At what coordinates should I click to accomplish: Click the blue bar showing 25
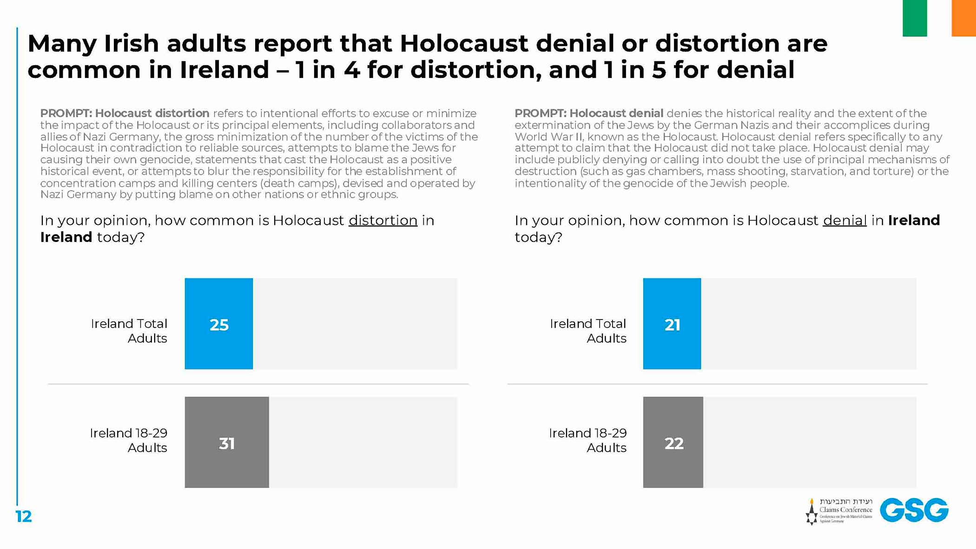point(218,324)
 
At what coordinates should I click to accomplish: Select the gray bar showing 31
point(226,442)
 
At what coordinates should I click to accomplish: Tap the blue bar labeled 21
point(672,324)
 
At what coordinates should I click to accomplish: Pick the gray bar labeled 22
point(673,442)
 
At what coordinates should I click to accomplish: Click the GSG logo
point(914,510)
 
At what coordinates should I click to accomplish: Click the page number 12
point(24,516)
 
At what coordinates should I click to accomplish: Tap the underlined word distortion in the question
point(383,220)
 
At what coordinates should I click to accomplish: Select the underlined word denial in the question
point(844,220)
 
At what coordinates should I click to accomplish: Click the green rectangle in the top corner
point(914,18)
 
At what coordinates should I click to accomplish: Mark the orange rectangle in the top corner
point(963,18)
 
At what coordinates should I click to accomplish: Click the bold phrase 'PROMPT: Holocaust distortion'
point(125,113)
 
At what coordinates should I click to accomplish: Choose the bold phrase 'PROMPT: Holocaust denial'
point(589,113)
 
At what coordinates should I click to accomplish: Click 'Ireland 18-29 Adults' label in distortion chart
point(128,440)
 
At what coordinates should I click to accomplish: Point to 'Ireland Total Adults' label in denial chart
point(588,331)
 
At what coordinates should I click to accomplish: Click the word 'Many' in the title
point(62,44)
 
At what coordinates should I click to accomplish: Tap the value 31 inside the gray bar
point(226,444)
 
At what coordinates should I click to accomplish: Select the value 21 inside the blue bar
point(672,325)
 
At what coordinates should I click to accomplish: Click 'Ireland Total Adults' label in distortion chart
point(129,331)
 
